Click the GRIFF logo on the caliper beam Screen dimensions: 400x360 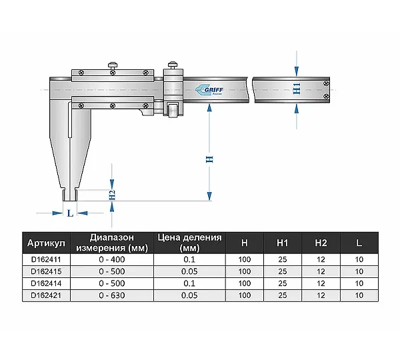(209, 90)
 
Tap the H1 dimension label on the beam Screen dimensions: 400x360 (297, 89)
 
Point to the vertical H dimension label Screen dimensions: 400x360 (209, 159)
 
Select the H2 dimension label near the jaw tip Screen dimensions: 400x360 (112, 195)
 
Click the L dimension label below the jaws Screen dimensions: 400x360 (70, 213)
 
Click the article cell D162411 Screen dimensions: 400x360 (46, 259)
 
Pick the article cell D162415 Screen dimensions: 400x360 (46, 271)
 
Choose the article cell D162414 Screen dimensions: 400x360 (46, 283)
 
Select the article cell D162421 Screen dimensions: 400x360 (46, 295)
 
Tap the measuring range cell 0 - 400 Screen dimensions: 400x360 (112, 259)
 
